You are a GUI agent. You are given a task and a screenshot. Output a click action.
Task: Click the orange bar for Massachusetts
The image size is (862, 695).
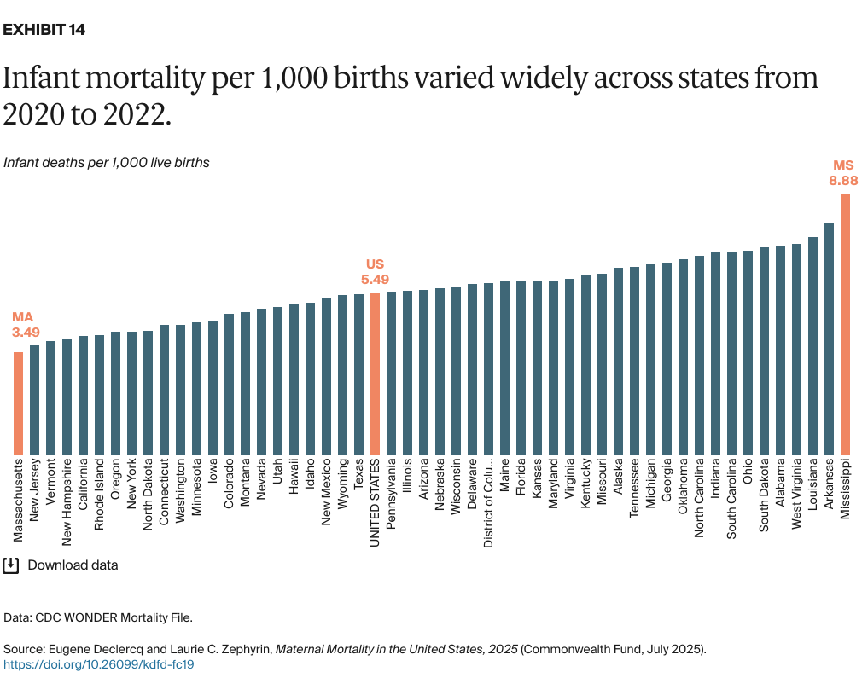click(x=18, y=403)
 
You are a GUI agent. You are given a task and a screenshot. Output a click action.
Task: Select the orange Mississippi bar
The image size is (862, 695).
click(x=845, y=324)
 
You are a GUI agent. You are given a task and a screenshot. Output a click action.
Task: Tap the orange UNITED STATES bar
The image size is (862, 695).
click(x=375, y=374)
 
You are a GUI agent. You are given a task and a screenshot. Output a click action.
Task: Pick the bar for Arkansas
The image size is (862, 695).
click(x=829, y=339)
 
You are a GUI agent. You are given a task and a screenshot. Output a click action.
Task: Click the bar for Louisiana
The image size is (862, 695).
click(x=812, y=345)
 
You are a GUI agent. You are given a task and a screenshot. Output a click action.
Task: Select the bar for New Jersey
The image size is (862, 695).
click(x=34, y=399)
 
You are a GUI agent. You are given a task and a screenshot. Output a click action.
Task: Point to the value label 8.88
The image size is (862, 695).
click(x=843, y=181)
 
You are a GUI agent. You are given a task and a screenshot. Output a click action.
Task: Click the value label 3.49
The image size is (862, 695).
click(x=26, y=331)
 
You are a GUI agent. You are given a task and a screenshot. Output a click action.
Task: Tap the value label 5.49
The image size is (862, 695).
click(x=376, y=279)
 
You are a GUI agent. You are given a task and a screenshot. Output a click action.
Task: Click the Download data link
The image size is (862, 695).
click(x=73, y=565)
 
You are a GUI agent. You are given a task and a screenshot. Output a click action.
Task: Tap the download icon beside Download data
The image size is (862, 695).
click(x=11, y=565)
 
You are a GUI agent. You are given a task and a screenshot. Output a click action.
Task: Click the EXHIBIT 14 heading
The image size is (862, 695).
click(x=44, y=30)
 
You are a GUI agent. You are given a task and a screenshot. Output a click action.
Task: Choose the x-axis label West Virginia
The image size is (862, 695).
click(x=796, y=494)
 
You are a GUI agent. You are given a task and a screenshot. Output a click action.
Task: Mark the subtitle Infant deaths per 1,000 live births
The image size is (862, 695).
click(x=107, y=162)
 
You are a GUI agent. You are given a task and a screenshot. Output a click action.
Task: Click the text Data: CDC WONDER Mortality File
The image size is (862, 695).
click(x=99, y=616)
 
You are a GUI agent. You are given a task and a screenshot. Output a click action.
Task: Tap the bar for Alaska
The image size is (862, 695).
click(x=618, y=361)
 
